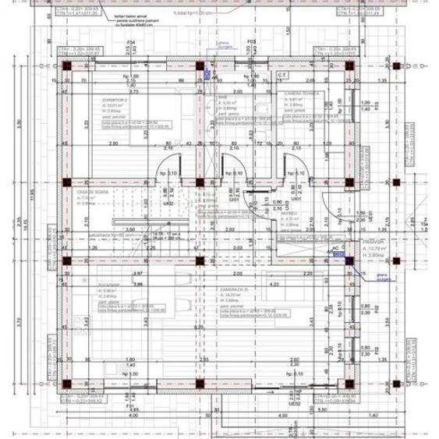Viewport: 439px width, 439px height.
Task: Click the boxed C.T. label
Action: tap(281, 74)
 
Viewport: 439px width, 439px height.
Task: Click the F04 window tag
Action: tap(131, 41)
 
